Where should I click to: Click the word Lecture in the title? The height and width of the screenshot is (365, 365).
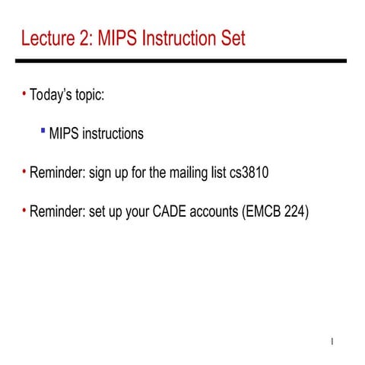48,37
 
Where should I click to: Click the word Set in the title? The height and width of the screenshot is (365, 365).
233,37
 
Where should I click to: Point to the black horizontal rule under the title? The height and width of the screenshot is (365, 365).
182,61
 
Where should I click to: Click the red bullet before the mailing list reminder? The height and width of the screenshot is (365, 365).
24,172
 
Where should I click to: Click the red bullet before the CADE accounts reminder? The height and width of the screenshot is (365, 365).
24,210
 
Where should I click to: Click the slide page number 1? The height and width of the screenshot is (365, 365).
333,341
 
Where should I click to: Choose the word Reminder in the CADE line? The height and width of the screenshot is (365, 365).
57,211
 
